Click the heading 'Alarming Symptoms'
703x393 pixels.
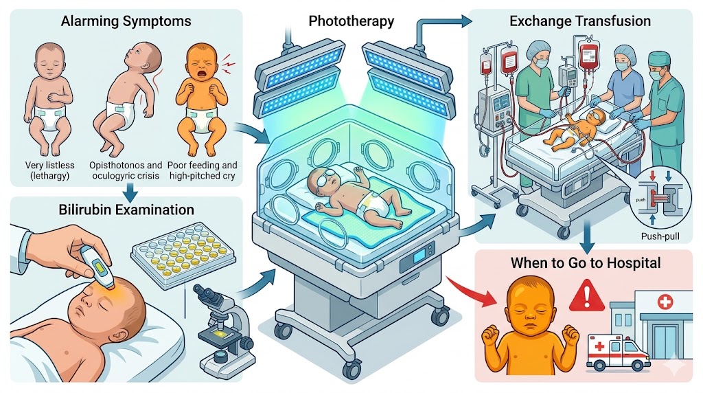point(126,21)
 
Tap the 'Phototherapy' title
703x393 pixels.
point(351,21)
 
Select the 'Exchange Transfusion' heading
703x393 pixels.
point(580,21)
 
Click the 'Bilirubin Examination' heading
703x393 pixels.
point(126,210)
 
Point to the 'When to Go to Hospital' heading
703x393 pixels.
point(586,262)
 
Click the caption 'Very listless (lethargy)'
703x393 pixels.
point(49,170)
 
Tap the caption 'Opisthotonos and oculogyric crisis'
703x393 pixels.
point(126,170)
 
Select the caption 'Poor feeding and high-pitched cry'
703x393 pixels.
point(203,170)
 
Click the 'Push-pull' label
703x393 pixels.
point(660,236)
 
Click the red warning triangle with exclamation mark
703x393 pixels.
point(586,296)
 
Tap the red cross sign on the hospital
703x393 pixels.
point(665,302)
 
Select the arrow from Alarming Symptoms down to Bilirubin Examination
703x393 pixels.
point(130,194)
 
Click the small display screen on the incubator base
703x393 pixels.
point(419,256)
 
